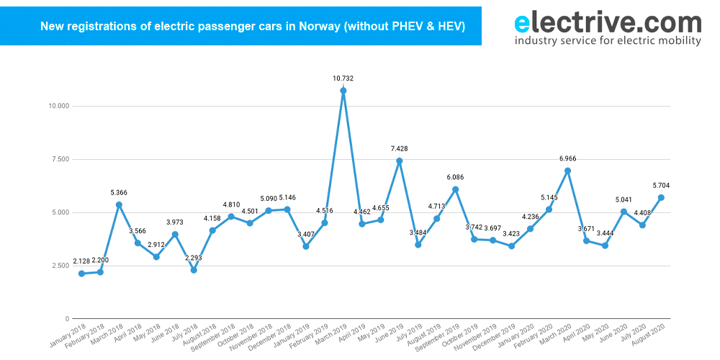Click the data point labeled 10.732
point(343,91)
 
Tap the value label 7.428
point(400,148)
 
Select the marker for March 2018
point(119,204)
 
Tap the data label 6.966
point(568,158)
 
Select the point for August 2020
point(661,197)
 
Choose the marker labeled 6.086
point(456,189)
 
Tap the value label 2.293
point(193,258)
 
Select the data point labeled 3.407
point(306,246)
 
